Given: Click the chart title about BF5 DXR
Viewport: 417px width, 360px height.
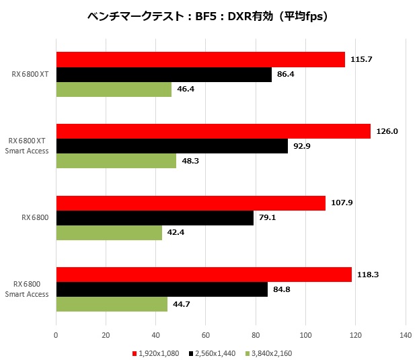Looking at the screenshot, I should point(208,17).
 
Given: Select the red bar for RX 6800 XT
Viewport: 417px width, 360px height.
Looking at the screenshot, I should point(200,59).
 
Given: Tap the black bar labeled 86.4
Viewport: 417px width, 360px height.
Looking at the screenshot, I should point(163,74).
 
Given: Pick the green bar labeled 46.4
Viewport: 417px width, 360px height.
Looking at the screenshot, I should point(114,89).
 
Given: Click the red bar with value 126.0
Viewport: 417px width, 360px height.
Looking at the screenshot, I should point(213,131).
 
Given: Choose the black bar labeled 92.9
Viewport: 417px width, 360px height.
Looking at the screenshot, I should point(172,146).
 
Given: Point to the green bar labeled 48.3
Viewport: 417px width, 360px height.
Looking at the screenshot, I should point(116,161).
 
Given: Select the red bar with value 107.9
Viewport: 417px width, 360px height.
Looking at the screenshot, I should point(190,203).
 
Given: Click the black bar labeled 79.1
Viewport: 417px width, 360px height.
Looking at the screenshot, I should point(155,218).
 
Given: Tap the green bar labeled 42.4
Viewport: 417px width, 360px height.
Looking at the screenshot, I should point(109,233).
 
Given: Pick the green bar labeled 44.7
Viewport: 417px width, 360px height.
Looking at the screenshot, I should point(112,305).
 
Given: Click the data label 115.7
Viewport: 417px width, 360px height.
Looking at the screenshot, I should point(361,59).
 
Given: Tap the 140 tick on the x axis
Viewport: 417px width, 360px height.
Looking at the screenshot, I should point(406,334).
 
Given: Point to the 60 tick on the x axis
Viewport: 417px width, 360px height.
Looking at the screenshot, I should point(206,334).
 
